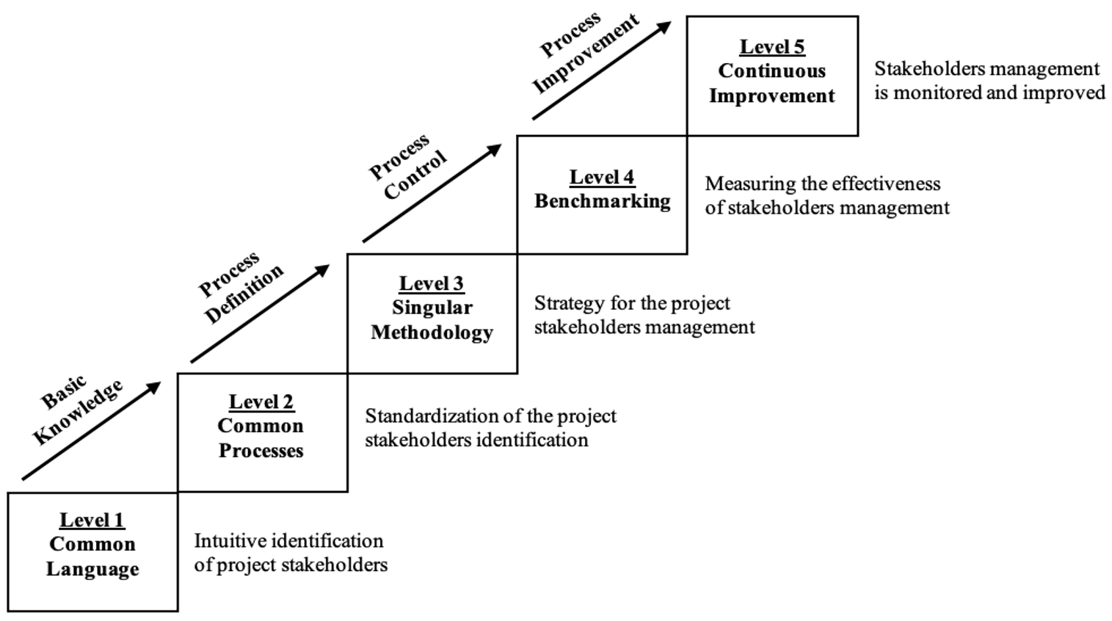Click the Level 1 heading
coord(92,520)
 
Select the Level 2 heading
coord(261,402)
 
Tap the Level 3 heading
coord(431,283)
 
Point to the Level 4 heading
coord(602,177)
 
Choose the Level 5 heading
coord(771,46)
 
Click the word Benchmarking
coord(602,201)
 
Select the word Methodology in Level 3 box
coord(432,333)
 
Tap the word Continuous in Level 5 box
coord(771,71)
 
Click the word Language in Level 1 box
coord(92,569)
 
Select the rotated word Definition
coord(244,294)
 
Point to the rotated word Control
coord(415,175)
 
